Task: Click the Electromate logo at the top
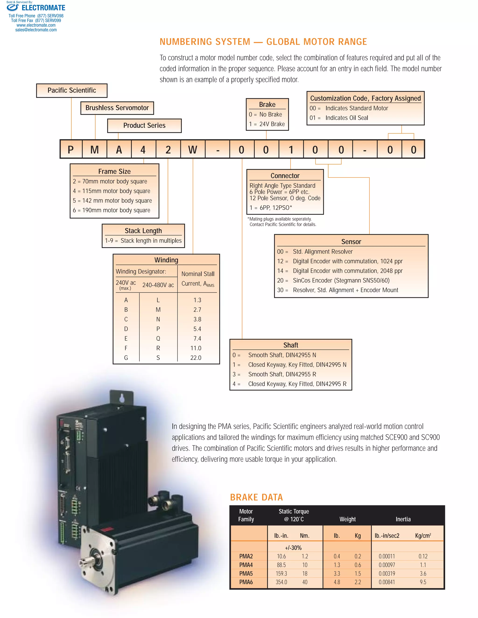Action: pyautogui.click(x=36, y=8)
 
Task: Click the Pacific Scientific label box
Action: pyautogui.click(x=72, y=90)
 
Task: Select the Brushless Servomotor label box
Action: pyautogui.click(x=117, y=108)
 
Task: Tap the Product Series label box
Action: pyautogui.click(x=144, y=125)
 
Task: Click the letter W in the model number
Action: pyautogui.click(x=193, y=150)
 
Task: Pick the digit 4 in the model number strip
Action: pyautogui.click(x=143, y=150)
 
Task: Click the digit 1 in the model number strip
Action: pyautogui.click(x=291, y=150)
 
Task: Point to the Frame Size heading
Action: pyautogui.click(x=114, y=171)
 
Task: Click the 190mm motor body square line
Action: pyautogui.click(x=112, y=210)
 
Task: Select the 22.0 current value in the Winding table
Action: pyautogui.click(x=196, y=358)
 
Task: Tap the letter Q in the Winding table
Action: pyautogui.click(x=158, y=338)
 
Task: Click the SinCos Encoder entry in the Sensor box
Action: pyautogui.click(x=341, y=280)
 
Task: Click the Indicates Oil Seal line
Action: pyautogui.click(x=346, y=118)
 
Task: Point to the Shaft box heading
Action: pyautogui.click(x=291, y=345)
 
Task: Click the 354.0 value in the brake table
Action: pyautogui.click(x=281, y=582)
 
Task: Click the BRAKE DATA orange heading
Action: pyautogui.click(x=256, y=497)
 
